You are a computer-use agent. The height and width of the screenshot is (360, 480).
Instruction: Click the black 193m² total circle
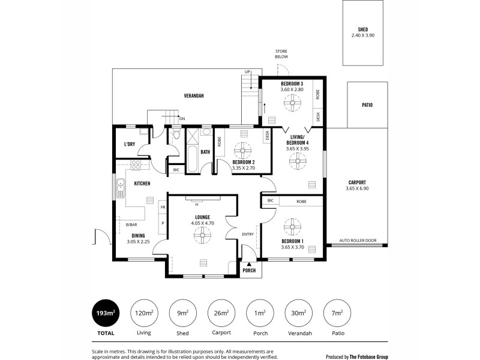tap(106, 313)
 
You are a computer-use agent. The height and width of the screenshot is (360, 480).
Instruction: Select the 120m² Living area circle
tap(144, 313)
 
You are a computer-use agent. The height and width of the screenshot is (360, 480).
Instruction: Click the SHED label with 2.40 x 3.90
tap(362, 32)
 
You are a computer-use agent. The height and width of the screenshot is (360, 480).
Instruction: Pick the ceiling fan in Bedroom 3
tap(292, 105)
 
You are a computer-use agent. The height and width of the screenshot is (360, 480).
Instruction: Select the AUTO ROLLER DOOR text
tap(358, 241)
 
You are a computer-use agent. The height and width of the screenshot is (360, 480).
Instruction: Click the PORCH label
tap(249, 270)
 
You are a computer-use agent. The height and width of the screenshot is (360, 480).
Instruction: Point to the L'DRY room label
tap(129, 145)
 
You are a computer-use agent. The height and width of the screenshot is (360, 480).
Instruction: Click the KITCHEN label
tap(142, 183)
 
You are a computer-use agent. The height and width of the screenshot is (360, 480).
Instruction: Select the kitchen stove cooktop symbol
tap(136, 164)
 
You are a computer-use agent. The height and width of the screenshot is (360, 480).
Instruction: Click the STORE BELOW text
tap(282, 53)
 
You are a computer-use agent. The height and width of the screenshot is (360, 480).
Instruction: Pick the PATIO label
tap(367, 105)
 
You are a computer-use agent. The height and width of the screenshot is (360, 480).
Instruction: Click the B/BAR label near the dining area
tap(131, 224)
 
